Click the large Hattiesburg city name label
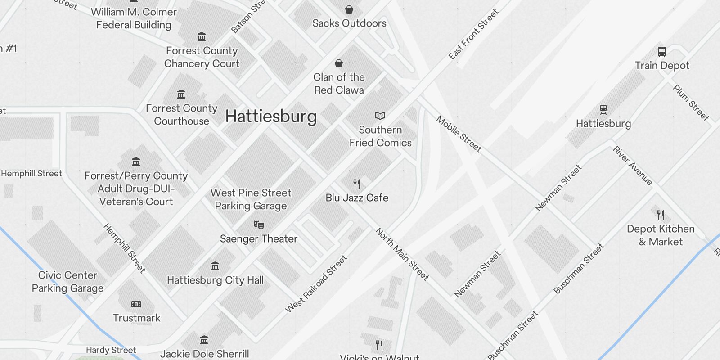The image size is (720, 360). coord(271,116)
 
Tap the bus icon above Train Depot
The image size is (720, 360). coord(661,52)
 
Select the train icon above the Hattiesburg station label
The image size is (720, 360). coord(603,109)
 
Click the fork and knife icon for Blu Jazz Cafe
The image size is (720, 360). coord(357,184)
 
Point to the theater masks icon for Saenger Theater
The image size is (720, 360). coord(258,225)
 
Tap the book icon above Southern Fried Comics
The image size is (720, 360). coord(380,116)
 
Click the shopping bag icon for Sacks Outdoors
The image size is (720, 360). coord(349,9)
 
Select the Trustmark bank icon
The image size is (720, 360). coord(136,304)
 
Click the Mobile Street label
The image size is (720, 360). coord(459,134)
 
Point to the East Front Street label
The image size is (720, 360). coord(473,34)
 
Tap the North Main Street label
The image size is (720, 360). coord(402,254)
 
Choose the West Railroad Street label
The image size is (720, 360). coord(316,283)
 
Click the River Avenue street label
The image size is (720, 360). coord(632,166)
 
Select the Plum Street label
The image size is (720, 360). coord(691,103)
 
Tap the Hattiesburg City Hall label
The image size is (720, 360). coord(215,280)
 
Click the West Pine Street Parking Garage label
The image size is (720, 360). coord(251,199)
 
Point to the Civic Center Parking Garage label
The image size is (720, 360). coord(67,282)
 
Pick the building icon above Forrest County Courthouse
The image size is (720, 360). coord(181,94)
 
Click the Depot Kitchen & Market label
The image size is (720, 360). coord(661,235)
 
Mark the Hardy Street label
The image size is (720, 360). coord(111,350)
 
